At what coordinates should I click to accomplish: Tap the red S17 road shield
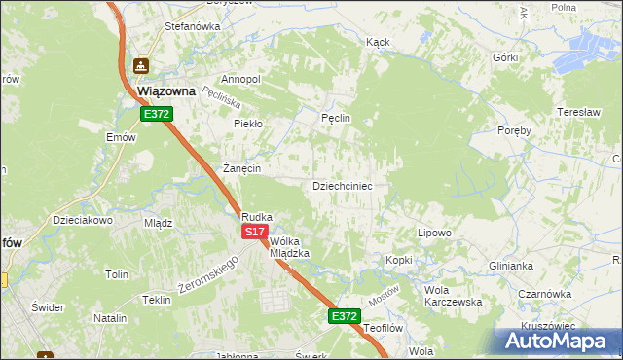pyautogui.click(x=254, y=232)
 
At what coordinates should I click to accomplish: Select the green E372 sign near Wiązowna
pyautogui.click(x=157, y=114)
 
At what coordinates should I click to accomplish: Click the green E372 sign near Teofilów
pyautogui.click(x=344, y=316)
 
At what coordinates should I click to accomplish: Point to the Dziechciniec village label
pyautogui.click(x=342, y=185)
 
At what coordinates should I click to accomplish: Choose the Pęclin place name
pyautogui.click(x=335, y=119)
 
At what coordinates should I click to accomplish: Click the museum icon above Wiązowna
pyautogui.click(x=141, y=66)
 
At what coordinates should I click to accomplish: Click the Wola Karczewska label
pyautogui.click(x=454, y=296)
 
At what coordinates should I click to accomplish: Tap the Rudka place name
pyautogui.click(x=257, y=217)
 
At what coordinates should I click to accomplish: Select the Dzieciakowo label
pyautogui.click(x=84, y=220)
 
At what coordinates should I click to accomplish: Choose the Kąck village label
pyautogui.click(x=378, y=43)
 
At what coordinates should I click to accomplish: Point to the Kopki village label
pyautogui.click(x=399, y=261)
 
